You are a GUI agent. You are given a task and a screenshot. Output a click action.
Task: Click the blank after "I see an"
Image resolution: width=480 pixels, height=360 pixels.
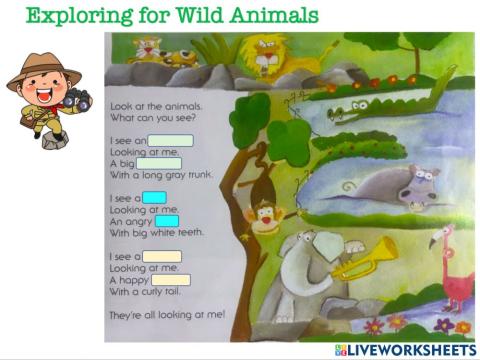[x=171, y=141]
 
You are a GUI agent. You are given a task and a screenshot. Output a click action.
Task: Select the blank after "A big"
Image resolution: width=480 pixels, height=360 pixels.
[x=159, y=163]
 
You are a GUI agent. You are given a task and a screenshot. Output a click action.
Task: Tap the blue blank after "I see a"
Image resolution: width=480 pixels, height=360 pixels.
[x=155, y=198]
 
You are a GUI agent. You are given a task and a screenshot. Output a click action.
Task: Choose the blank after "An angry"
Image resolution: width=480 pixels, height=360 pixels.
[x=166, y=220]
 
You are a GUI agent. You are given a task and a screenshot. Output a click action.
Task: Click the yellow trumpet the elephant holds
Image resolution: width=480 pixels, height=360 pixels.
[x=365, y=260]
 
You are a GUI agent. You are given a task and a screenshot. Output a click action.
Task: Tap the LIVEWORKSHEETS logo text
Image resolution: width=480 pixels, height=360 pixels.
[x=410, y=349]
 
